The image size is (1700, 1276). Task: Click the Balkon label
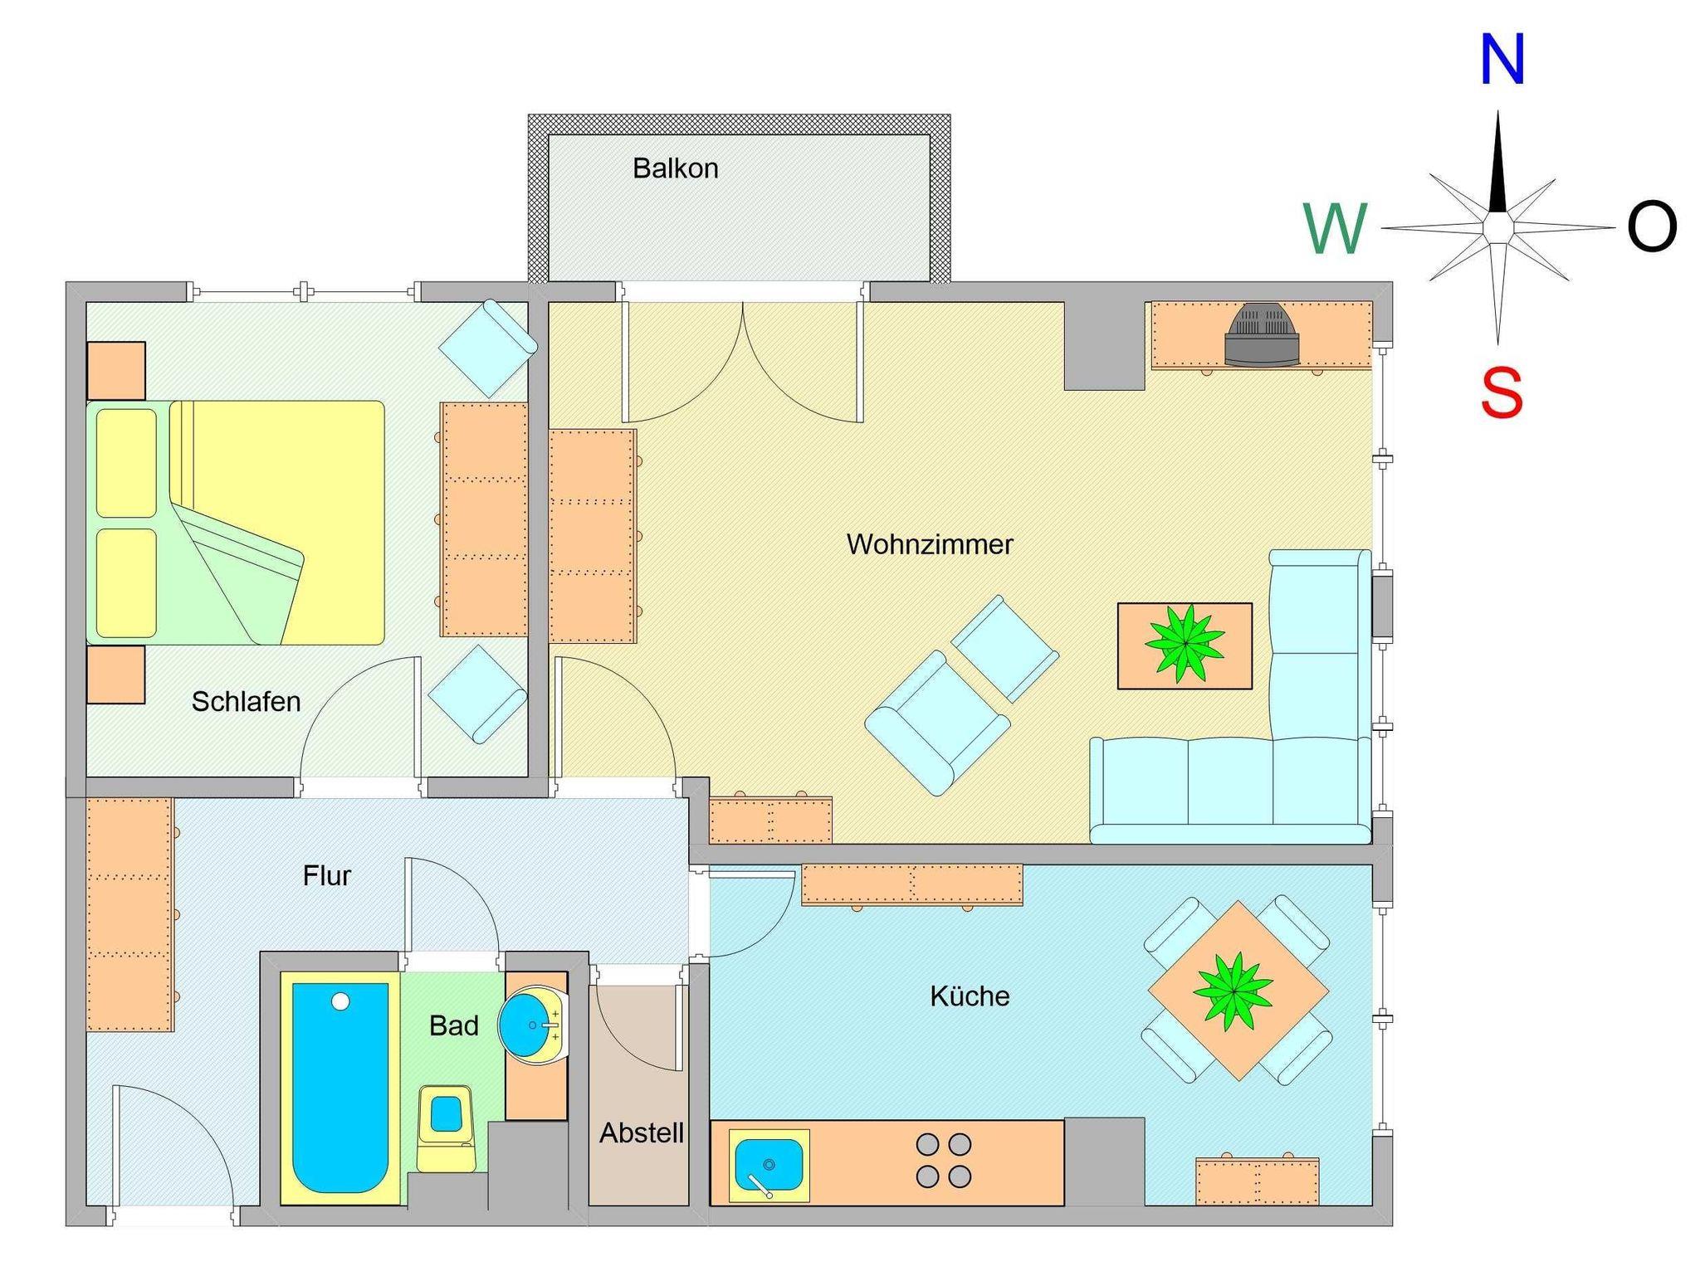675,168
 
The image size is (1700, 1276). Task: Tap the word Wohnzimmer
930,544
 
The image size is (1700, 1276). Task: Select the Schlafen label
246,702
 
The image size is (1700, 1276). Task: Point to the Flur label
327,876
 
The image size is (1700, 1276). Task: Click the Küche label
970,996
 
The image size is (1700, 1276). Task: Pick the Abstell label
642,1132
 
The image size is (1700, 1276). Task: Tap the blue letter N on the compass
1502,60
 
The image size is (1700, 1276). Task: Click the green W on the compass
1334,229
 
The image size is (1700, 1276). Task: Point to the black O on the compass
1652,228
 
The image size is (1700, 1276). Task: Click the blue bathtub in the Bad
340,1088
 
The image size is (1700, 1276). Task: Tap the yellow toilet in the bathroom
446,1127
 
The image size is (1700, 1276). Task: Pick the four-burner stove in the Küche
943,1161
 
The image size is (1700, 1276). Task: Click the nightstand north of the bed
116,371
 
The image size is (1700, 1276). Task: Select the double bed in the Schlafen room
236,523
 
